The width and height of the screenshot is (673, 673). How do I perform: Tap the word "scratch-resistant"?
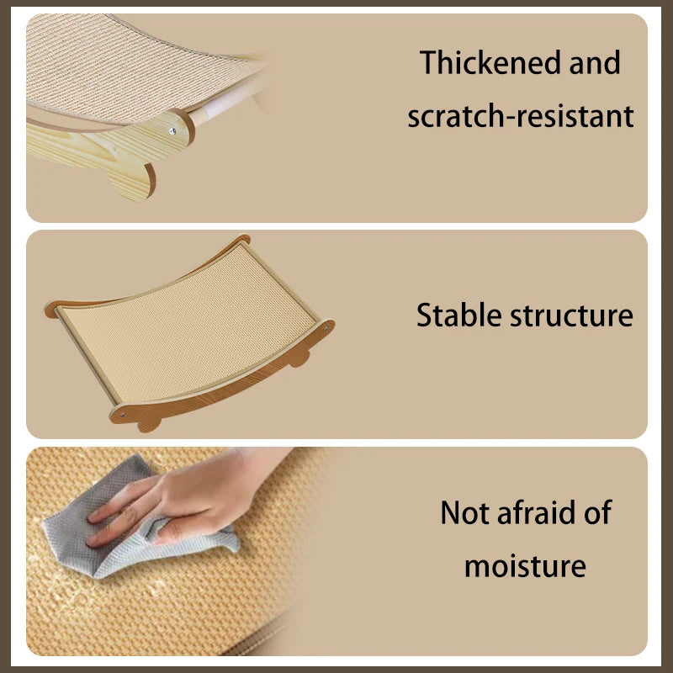(520, 116)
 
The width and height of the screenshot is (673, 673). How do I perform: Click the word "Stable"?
(459, 315)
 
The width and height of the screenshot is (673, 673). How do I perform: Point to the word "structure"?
(572, 315)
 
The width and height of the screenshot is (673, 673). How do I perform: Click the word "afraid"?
(538, 512)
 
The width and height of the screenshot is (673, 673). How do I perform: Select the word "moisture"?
(525, 565)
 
